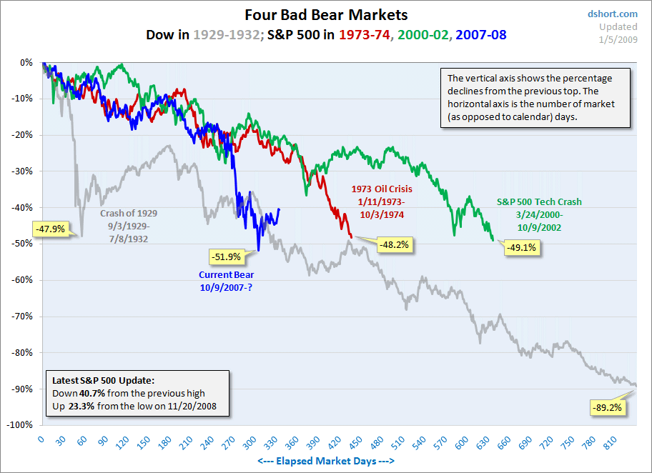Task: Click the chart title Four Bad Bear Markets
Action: pyautogui.click(x=326, y=15)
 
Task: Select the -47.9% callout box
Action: pyautogui.click(x=49, y=229)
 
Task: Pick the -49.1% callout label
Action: pyautogui.click(x=521, y=248)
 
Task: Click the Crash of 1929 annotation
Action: pyautogui.click(x=129, y=226)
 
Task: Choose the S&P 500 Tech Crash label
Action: pyautogui.click(x=529, y=215)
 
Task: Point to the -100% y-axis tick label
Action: pyautogui.click(x=21, y=425)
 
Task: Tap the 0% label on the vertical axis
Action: pyautogui.click(x=26, y=62)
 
